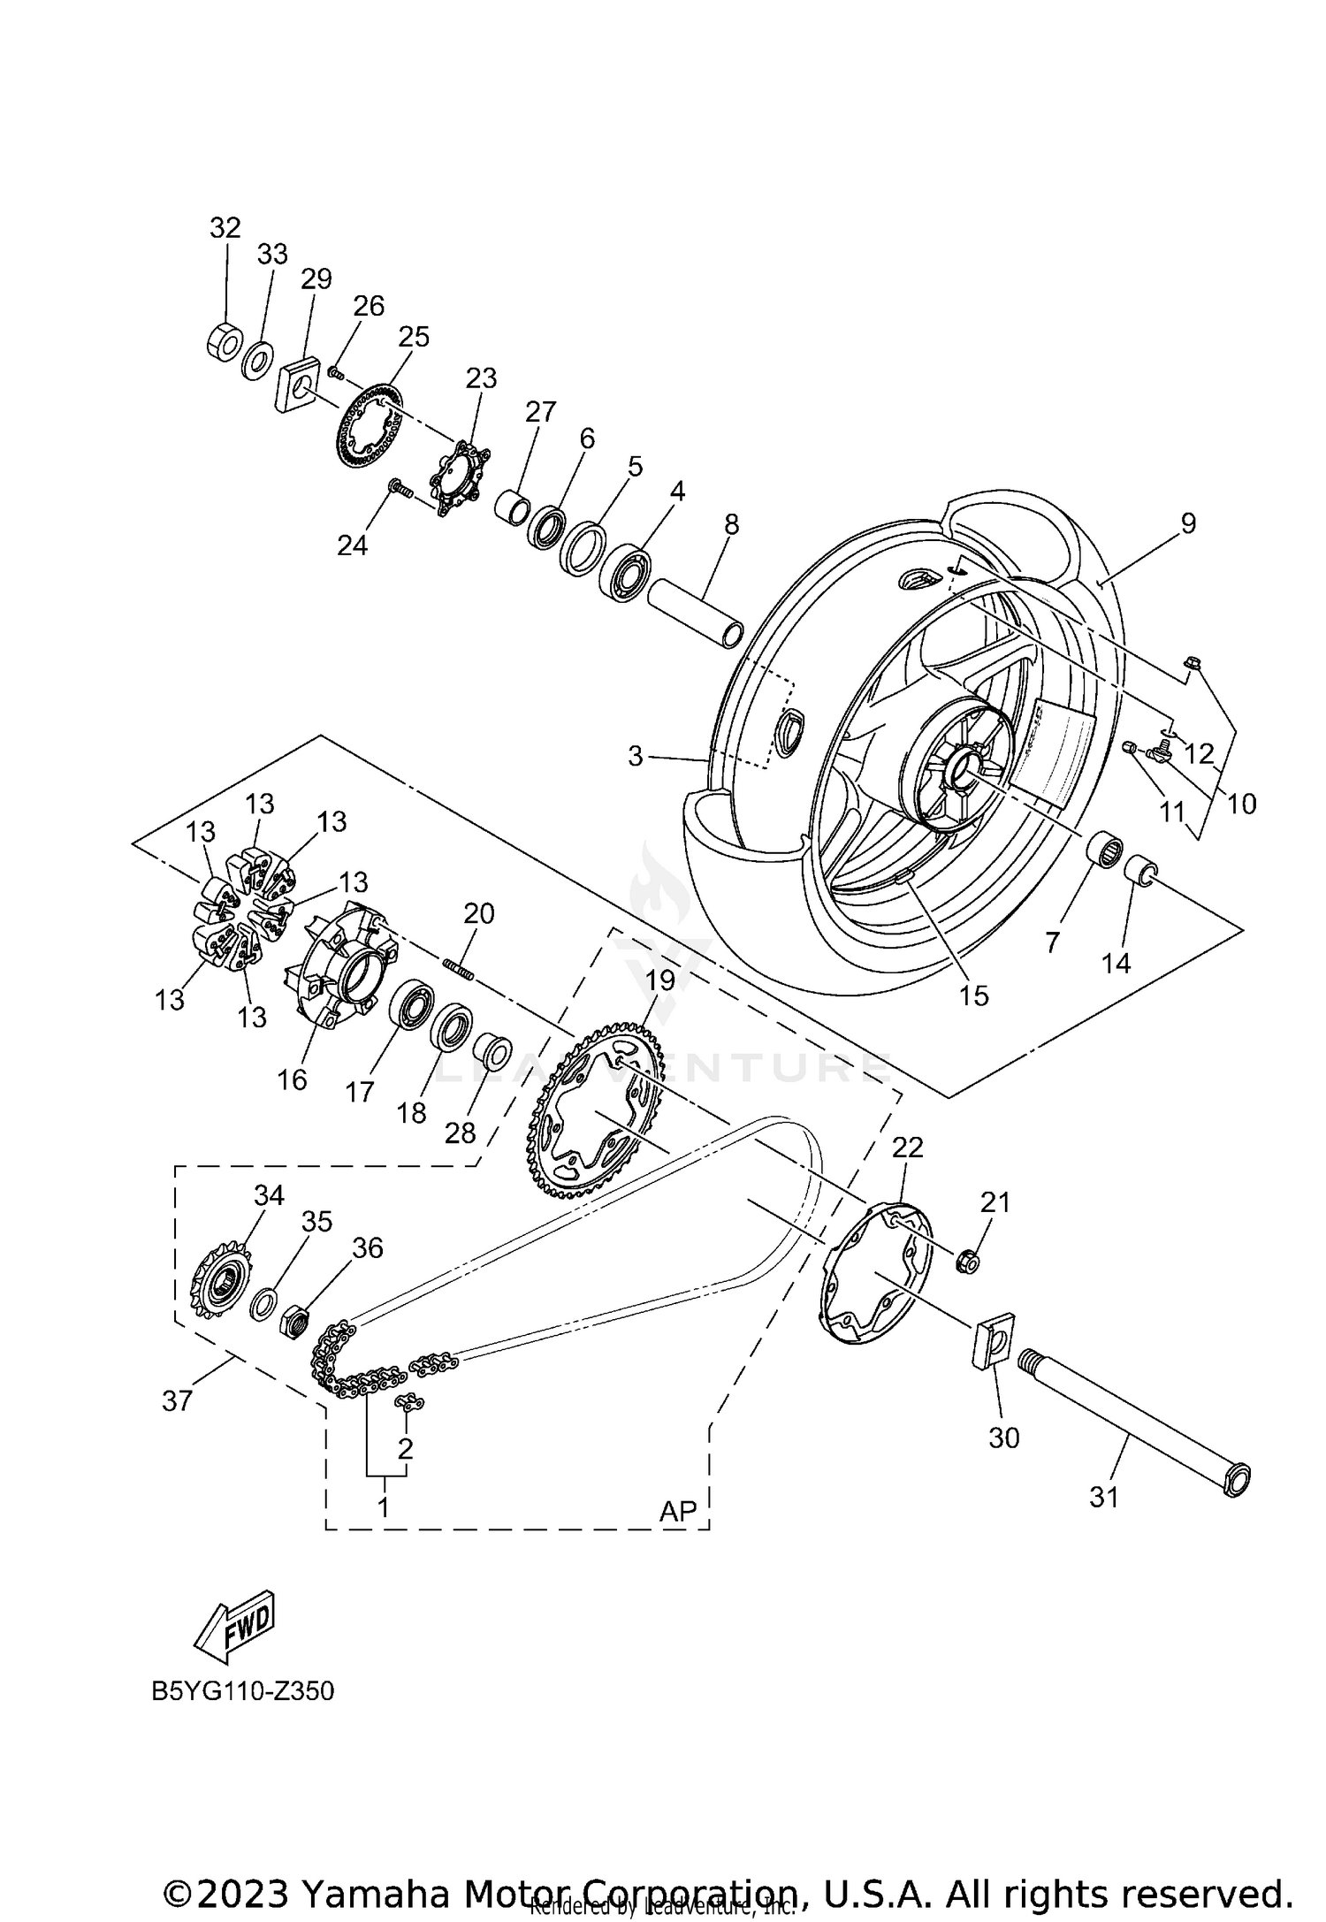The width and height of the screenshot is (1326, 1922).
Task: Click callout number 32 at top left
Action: point(225,228)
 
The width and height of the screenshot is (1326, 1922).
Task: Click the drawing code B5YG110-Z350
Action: point(242,1691)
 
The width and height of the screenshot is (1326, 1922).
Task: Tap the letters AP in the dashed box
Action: point(678,1511)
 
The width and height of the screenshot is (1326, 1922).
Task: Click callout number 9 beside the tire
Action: point(1187,523)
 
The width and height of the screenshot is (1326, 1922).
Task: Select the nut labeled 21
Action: point(968,1261)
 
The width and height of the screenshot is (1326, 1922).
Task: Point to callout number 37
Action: point(177,1400)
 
